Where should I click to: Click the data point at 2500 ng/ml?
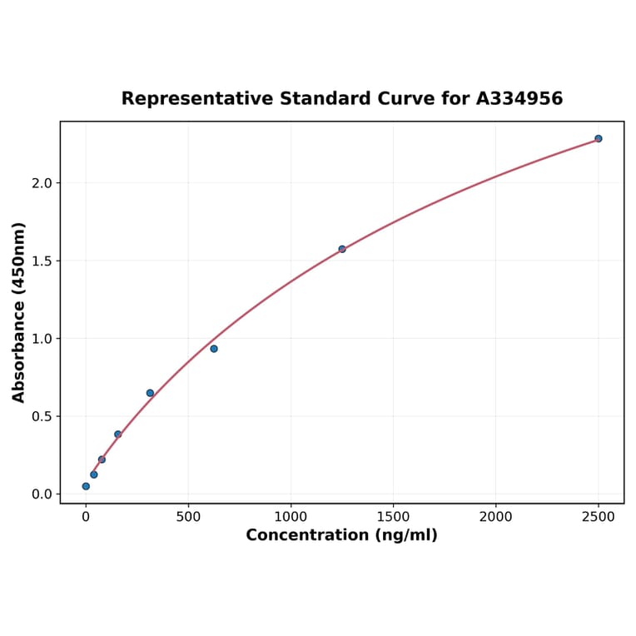(x=598, y=138)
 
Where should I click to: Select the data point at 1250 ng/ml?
(x=342, y=249)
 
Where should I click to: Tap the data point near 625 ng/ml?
(x=214, y=349)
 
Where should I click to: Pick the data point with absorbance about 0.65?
(x=150, y=393)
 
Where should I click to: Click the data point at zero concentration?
(x=86, y=486)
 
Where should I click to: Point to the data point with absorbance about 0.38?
(x=118, y=435)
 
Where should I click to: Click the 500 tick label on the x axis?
(x=188, y=517)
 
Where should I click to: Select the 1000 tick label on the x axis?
(x=291, y=517)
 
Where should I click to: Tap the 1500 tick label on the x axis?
(x=393, y=517)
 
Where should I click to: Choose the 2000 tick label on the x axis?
(x=495, y=517)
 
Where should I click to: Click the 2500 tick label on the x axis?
(x=598, y=517)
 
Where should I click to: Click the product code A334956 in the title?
(x=519, y=99)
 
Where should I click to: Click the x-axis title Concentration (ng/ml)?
(x=341, y=535)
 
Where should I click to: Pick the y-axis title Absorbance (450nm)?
(x=19, y=312)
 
